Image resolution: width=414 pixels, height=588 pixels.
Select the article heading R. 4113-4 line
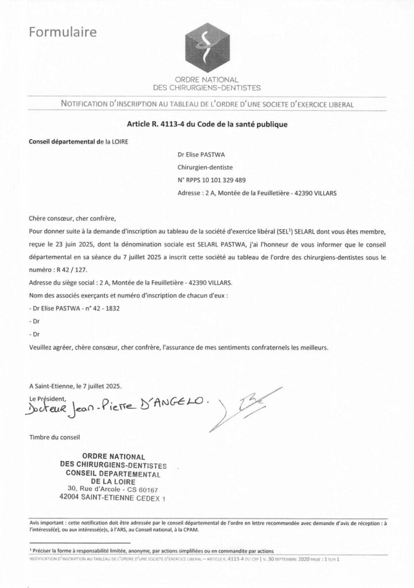tap(207, 123)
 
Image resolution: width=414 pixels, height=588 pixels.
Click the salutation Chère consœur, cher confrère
tap(72, 218)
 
